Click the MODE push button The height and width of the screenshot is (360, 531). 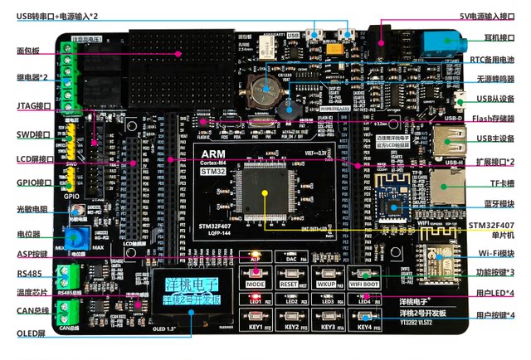[x=256, y=283]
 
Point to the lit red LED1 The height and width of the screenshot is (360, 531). [x=256, y=300]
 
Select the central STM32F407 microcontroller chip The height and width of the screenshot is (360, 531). [x=264, y=192]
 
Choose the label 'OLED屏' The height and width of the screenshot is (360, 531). [x=32, y=334]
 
